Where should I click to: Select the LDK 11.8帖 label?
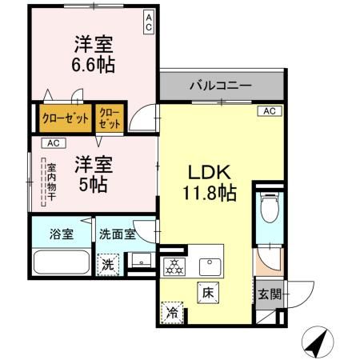(x=210, y=182)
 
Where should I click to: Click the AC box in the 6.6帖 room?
(x=149, y=22)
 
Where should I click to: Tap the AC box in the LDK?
(x=269, y=110)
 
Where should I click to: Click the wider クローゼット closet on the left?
(x=65, y=118)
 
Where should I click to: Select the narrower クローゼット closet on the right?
(x=111, y=118)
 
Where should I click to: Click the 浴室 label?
(x=61, y=234)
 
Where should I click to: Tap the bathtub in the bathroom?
(x=61, y=262)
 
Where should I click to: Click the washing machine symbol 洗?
(x=108, y=263)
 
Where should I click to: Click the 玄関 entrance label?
(x=270, y=294)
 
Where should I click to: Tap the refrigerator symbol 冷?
(x=172, y=311)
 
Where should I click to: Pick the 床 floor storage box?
(x=206, y=291)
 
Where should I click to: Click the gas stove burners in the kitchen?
(x=174, y=266)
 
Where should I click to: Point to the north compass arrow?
(x=317, y=343)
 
